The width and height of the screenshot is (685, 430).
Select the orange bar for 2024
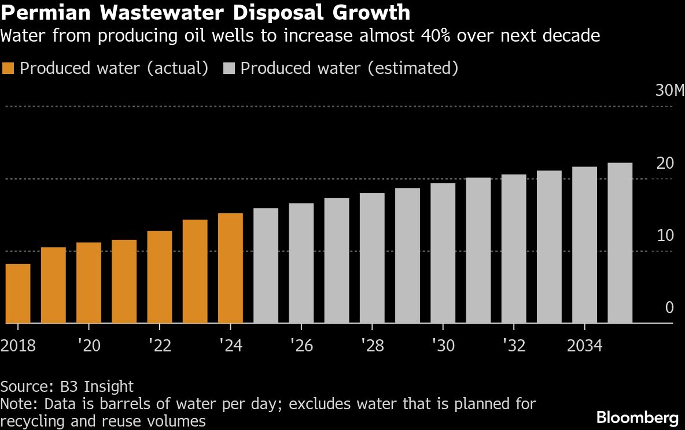230,268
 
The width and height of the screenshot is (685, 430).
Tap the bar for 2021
124,281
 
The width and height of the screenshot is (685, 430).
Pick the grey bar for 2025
266,266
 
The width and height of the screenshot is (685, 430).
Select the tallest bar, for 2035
620,243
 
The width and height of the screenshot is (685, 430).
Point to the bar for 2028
372,258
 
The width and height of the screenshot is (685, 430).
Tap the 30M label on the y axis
669,91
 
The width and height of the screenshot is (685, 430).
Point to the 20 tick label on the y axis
666,164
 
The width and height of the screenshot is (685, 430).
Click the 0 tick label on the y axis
669,307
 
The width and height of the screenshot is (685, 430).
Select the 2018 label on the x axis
18,346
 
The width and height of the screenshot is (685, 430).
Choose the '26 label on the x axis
301,346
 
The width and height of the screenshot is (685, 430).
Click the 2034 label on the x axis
584,346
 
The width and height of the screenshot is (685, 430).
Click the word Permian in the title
41,12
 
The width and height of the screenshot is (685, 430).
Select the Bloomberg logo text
637,417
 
